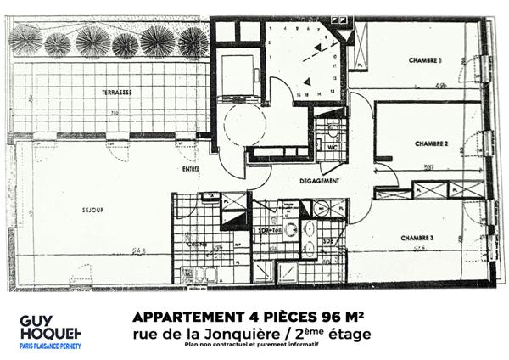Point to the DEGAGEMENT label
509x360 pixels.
point(319,181)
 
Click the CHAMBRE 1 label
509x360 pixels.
point(425,60)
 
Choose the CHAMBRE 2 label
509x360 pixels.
point(430,145)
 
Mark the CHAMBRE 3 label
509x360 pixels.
point(417,237)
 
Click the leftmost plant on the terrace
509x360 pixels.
point(25,39)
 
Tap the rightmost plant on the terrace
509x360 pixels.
point(193,41)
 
